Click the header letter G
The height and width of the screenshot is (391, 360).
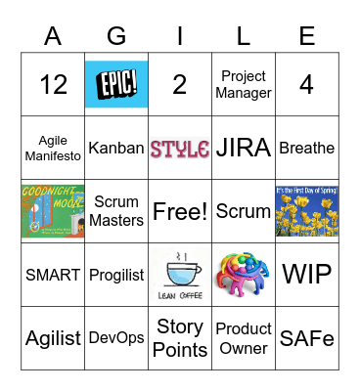point(116,36)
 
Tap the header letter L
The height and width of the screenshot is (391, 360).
point(244,36)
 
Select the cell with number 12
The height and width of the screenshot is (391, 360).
point(53,85)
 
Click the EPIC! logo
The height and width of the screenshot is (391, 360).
point(116,84)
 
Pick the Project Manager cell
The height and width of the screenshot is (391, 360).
point(244,85)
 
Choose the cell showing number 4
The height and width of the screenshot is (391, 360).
point(306,85)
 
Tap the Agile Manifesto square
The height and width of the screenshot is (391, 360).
point(53,149)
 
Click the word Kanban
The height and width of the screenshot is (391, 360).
point(116,149)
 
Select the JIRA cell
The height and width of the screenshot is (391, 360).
point(244,149)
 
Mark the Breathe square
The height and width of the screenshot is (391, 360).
point(306,149)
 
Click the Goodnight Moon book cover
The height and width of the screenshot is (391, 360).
point(53,211)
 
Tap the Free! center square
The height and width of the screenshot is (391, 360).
point(180,211)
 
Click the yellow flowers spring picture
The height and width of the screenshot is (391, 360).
point(306,211)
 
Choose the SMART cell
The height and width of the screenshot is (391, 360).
point(53,275)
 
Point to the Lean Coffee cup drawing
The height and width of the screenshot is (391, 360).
point(180,275)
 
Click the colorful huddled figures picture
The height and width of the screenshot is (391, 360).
point(244,275)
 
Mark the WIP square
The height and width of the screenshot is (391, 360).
point(306,275)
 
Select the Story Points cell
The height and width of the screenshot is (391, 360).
point(180,337)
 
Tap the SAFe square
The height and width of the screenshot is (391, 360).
point(306,337)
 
